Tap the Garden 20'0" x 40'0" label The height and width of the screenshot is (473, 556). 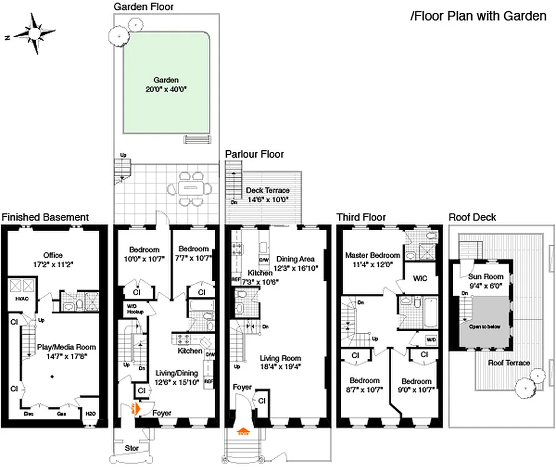tap(166, 85)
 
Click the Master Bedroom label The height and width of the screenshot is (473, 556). tap(372, 260)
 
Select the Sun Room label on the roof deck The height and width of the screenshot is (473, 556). tap(486, 280)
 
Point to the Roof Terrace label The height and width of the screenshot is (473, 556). tap(508, 363)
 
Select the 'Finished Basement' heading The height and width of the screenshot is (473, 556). tap(45, 218)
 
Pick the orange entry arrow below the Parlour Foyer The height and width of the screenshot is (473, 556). tap(242, 431)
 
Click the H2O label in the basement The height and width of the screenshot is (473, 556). tap(91, 414)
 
